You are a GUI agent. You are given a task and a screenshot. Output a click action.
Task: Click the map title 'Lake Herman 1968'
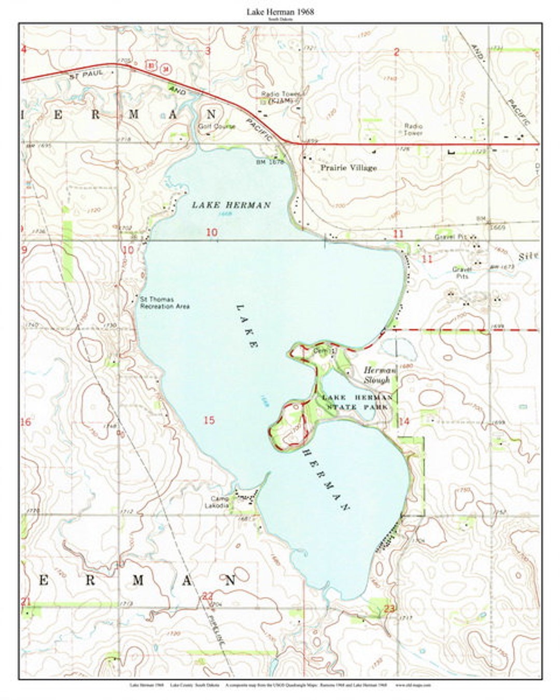(x=280, y=11)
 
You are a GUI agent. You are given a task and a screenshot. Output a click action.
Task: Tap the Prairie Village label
(x=348, y=167)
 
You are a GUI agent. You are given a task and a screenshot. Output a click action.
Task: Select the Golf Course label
(x=217, y=126)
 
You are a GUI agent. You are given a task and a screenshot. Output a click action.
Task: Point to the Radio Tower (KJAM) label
(x=281, y=96)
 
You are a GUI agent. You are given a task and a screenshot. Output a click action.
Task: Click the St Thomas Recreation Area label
(x=164, y=303)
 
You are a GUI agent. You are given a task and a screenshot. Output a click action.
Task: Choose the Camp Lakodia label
(x=217, y=502)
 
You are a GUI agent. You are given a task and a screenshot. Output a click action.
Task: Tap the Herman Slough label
(x=379, y=375)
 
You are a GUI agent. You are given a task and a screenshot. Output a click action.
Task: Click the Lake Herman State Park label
(x=357, y=402)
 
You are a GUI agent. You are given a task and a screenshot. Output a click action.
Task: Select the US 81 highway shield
(x=151, y=65)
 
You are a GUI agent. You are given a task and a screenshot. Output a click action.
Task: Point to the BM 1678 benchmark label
(x=270, y=162)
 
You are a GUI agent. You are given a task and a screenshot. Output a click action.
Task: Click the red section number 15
(x=209, y=420)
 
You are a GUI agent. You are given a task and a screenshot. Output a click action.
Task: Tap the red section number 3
(x=208, y=50)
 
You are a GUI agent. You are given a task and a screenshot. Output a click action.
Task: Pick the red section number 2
(x=397, y=51)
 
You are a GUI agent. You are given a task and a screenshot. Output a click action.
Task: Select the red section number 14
(x=404, y=421)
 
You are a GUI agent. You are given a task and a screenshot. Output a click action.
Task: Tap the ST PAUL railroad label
(x=86, y=75)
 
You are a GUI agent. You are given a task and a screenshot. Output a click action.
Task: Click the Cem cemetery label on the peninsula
(x=319, y=351)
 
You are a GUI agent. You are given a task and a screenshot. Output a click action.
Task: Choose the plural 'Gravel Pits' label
(x=461, y=273)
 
